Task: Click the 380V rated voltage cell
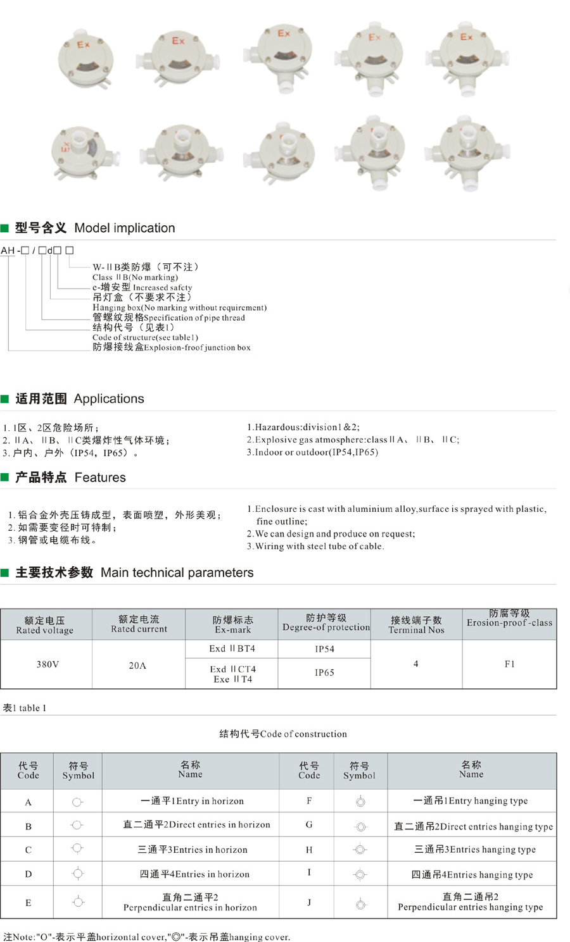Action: tap(47, 664)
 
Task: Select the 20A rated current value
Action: tap(137, 666)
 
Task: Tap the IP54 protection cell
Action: tap(324, 649)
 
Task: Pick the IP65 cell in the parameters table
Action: tap(324, 672)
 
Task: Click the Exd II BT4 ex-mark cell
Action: tap(232, 648)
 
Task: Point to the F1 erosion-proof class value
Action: tap(510, 664)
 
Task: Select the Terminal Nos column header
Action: tap(416, 625)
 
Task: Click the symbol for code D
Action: tap(78, 874)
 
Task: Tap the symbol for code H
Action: tap(360, 850)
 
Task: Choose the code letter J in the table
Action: tap(309, 902)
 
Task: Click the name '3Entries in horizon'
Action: tap(193, 850)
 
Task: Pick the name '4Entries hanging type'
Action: tap(472, 874)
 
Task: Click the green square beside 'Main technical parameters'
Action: tap(5, 573)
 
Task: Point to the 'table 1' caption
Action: tap(25, 708)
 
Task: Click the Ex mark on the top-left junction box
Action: tap(84, 45)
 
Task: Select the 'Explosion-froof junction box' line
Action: tap(172, 347)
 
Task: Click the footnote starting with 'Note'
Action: tap(146, 937)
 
